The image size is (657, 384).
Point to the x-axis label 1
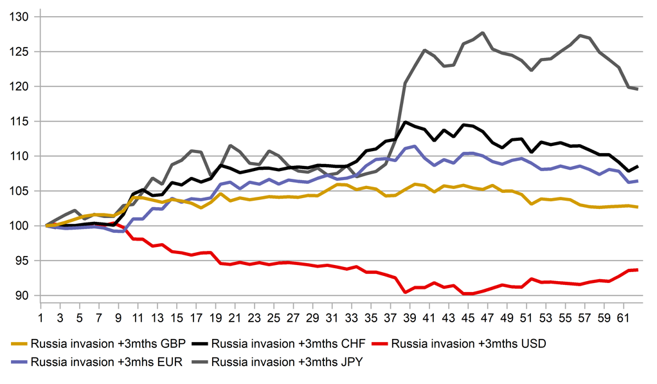point(40,317)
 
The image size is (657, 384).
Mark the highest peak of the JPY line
point(483,33)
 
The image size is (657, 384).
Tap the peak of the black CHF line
point(406,122)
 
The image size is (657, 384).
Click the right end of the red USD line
point(637,270)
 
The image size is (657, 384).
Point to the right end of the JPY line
point(637,89)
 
